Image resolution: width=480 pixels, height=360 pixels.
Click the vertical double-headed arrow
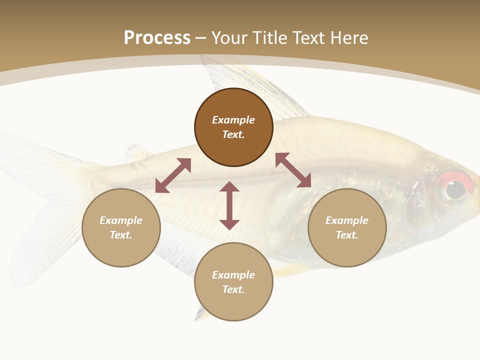229,205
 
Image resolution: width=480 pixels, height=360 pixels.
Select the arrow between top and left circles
173,175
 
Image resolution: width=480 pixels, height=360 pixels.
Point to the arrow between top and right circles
293,170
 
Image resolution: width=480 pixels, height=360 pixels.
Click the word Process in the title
157,37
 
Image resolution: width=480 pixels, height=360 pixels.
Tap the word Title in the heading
270,37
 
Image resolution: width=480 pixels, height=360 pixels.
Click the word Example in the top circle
233,120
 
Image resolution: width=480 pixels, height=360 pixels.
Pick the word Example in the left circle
121,220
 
